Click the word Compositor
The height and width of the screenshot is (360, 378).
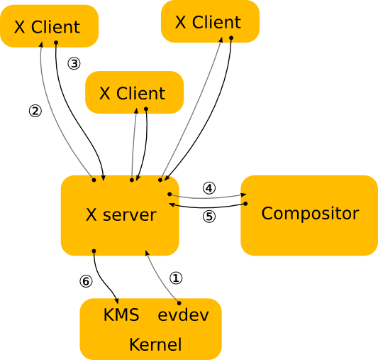(x=310, y=214)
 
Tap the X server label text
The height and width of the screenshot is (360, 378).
(x=121, y=215)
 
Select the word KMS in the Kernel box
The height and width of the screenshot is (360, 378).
(x=121, y=315)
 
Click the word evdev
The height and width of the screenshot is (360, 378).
(x=183, y=315)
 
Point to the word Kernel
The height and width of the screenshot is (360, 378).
(x=155, y=345)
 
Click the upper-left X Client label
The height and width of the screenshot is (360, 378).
(x=47, y=28)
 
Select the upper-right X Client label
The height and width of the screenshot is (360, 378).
(x=208, y=22)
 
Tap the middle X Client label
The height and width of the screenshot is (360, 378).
(x=132, y=94)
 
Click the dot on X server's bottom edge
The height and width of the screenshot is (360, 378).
(x=94, y=251)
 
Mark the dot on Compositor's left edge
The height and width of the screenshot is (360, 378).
(x=245, y=204)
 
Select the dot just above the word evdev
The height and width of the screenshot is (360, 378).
(x=178, y=303)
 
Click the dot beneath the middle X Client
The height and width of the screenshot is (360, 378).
(x=146, y=109)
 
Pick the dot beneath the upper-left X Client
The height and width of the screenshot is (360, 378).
(x=57, y=43)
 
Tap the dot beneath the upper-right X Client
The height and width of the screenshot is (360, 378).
(x=230, y=39)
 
